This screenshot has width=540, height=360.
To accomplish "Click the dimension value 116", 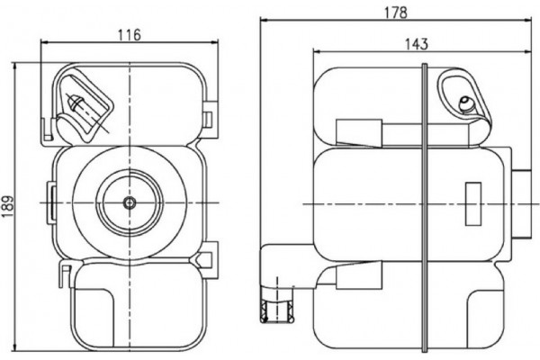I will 130,35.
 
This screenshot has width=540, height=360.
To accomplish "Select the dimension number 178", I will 395,13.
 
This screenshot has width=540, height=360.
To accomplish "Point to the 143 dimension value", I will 416,43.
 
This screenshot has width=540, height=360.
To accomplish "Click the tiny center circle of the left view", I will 130,204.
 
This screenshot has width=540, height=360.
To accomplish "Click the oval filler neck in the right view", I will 463,100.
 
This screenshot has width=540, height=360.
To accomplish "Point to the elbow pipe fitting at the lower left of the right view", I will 281,270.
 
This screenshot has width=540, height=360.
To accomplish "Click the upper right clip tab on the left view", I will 209,119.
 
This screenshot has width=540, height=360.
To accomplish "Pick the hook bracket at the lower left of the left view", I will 64,274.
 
